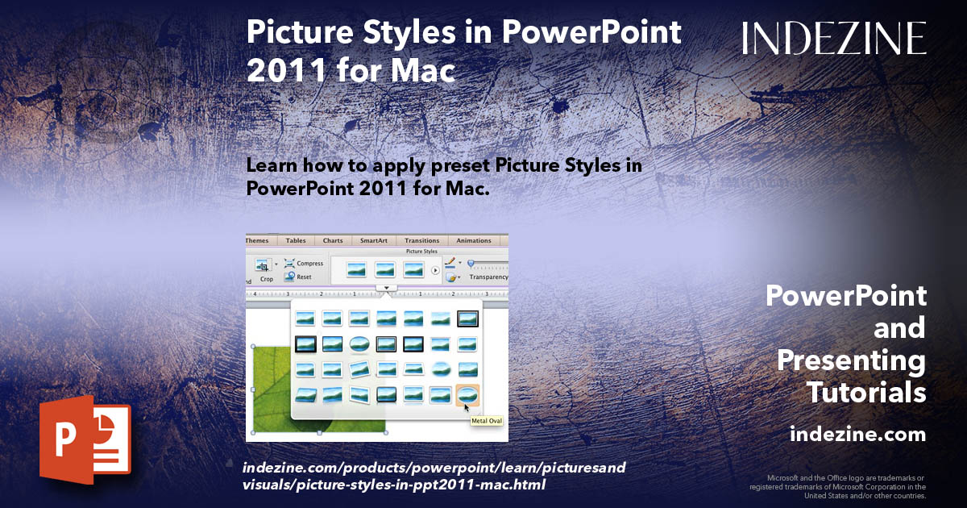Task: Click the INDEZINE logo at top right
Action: tap(834, 39)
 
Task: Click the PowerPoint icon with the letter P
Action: tap(85, 439)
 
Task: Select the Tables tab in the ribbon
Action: tap(296, 240)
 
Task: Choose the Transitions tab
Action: tap(422, 240)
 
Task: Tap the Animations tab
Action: tap(474, 240)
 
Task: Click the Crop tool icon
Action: tap(264, 264)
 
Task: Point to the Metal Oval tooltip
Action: tap(487, 419)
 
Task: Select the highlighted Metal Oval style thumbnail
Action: tap(467, 394)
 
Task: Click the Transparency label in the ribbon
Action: tap(488, 277)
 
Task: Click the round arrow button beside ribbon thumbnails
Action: tap(435, 270)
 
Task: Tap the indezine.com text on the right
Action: tap(857, 435)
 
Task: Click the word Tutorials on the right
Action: tap(866, 393)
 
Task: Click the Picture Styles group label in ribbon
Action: tap(422, 252)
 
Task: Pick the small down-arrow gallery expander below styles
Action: tap(387, 287)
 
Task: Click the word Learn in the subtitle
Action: tap(273, 165)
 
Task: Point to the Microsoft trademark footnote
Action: tap(838, 486)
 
